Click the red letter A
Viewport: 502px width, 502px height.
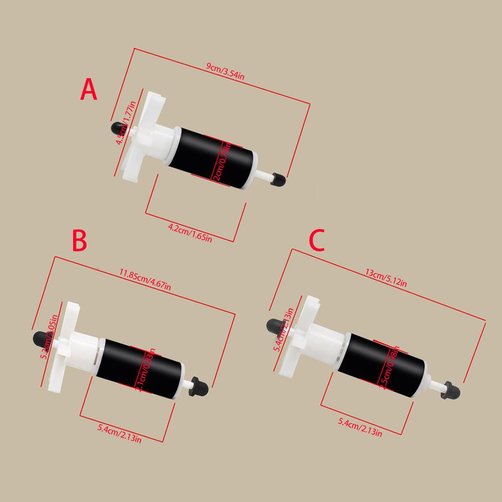pyautogui.click(x=89, y=91)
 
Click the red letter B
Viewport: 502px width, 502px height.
pyautogui.click(x=80, y=241)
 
